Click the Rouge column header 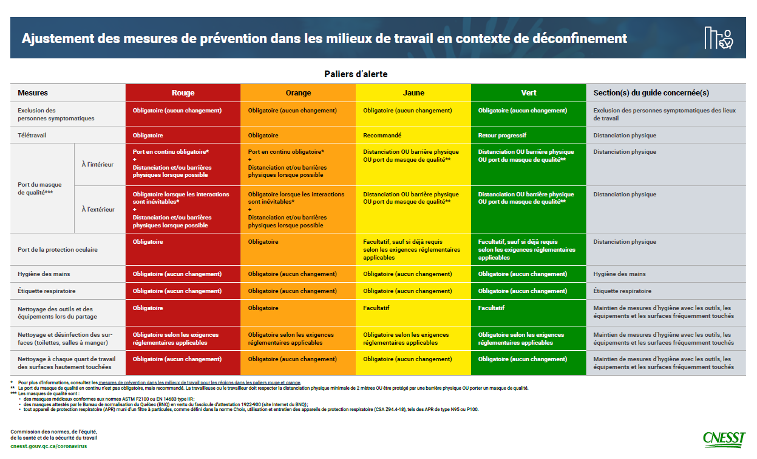(x=183, y=93)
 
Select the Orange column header (x=298, y=93)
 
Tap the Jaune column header (x=413, y=93)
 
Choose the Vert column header (x=528, y=93)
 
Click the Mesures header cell (x=33, y=93)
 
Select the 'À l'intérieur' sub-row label (x=98, y=164)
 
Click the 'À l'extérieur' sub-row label (x=98, y=210)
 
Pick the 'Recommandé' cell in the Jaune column (x=382, y=135)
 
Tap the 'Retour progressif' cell (x=502, y=135)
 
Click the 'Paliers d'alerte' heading (x=355, y=74)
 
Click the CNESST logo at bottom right (x=725, y=438)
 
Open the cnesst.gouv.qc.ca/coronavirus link (x=49, y=446)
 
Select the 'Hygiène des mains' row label (x=44, y=274)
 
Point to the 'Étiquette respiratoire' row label (x=47, y=291)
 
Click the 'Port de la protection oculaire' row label (x=58, y=250)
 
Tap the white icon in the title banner (x=719, y=38)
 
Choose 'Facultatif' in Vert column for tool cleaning (x=491, y=308)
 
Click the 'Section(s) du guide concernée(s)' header (x=651, y=93)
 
